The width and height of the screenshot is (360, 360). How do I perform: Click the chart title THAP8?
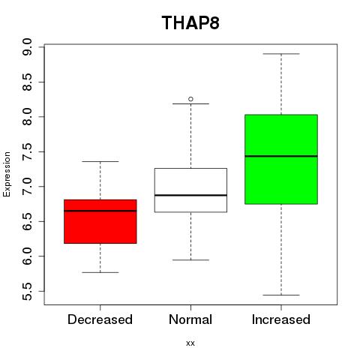190,22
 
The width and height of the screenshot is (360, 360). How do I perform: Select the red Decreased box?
100,221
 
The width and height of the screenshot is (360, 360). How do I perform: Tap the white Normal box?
190,190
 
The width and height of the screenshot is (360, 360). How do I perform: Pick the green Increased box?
281,159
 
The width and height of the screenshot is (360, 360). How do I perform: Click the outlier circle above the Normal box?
190,99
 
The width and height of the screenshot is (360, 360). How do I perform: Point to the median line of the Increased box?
281,156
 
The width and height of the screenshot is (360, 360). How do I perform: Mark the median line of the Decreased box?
100,211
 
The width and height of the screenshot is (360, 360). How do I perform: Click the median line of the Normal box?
190,195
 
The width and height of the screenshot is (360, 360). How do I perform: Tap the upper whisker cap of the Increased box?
281,54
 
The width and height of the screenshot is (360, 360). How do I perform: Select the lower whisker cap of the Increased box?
281,295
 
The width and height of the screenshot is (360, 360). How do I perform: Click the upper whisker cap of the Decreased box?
100,161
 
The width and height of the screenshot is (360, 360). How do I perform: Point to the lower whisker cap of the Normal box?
190,260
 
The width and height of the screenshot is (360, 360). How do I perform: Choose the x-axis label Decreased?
100,319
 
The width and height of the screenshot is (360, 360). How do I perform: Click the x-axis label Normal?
190,319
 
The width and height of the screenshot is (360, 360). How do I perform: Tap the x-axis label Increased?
281,319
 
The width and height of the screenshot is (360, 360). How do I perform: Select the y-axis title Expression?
7,174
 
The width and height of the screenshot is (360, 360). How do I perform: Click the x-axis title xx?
190,343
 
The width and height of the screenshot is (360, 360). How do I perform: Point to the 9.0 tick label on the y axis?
27,47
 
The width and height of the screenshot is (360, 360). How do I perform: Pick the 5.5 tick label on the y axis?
27,291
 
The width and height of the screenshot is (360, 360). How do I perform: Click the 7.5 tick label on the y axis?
27,151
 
